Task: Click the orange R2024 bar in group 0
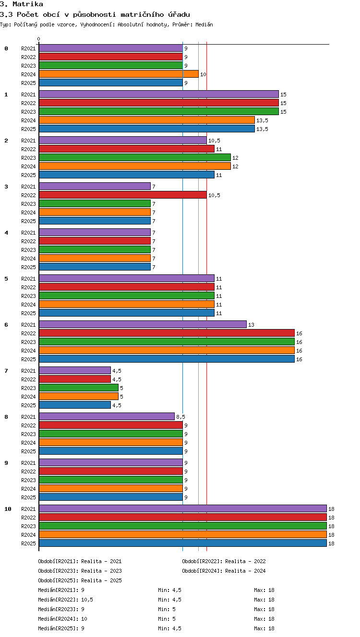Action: click(x=119, y=74)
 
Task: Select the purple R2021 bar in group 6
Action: click(x=143, y=324)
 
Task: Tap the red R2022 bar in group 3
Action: click(x=123, y=195)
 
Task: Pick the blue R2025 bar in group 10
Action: click(x=183, y=543)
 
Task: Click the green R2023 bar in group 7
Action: click(x=79, y=388)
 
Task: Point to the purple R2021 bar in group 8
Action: click(x=107, y=416)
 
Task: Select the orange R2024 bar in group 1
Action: click(x=147, y=120)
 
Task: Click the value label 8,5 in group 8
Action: click(x=180, y=417)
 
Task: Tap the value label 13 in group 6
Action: click(x=251, y=324)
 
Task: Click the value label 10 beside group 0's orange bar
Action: click(x=203, y=74)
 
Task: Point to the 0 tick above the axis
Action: click(x=39, y=39)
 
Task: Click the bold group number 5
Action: click(x=6, y=279)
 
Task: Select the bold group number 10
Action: click(x=8, y=509)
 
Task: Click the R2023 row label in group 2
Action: click(x=28, y=158)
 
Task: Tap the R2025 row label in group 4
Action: click(x=28, y=267)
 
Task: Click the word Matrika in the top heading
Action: click(x=28, y=4)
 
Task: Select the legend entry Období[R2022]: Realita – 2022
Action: click(x=224, y=561)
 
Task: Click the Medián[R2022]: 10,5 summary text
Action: click(x=65, y=600)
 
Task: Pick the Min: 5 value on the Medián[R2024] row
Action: click(x=167, y=618)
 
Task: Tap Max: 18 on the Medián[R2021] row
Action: click(x=264, y=590)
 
